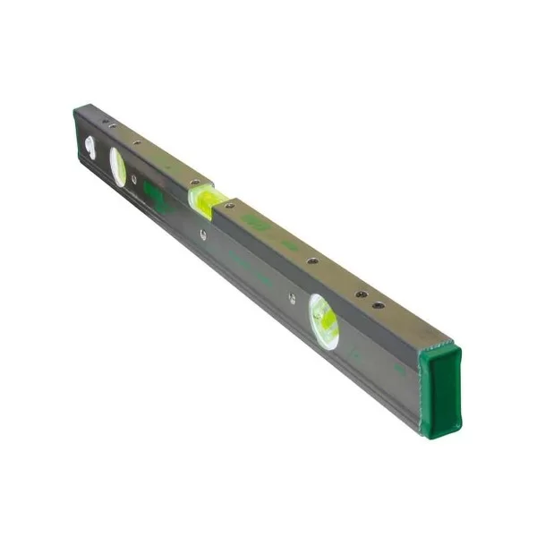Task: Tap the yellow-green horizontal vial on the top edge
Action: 203,199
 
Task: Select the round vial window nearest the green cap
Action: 324,321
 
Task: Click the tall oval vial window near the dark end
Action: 118,166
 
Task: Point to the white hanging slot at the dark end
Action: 89,146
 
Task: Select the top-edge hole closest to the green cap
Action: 379,305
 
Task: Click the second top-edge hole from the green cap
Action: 361,294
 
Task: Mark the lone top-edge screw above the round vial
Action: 312,261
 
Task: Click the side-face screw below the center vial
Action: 204,236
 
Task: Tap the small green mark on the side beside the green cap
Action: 400,367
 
